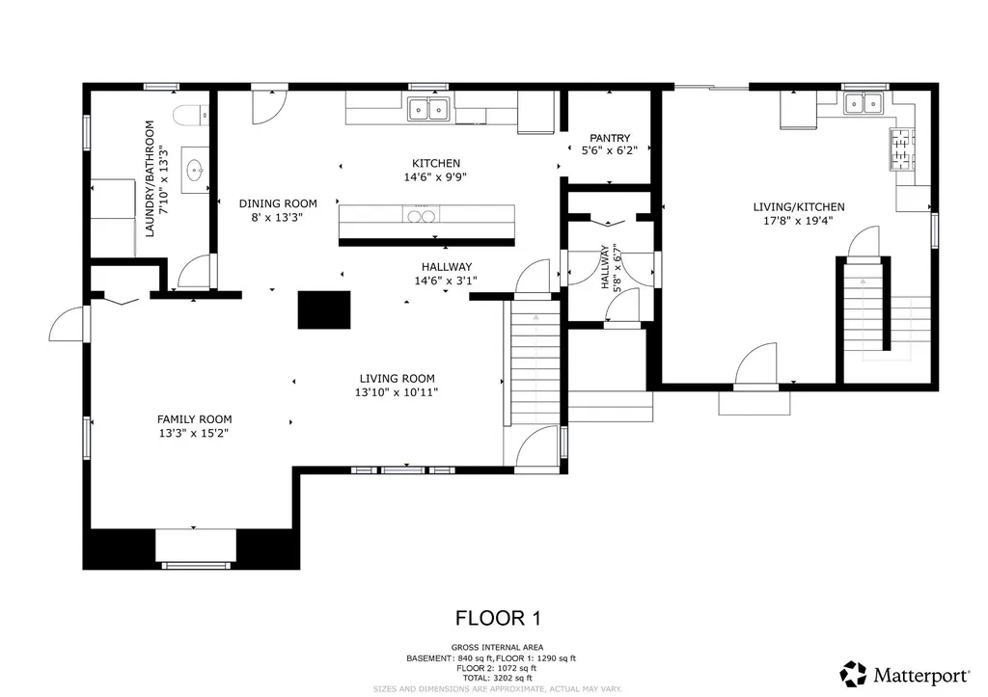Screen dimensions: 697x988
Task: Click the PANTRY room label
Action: [610, 138]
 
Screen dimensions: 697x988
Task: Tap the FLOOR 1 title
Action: [492, 617]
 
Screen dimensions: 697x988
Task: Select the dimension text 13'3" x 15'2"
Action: [195, 433]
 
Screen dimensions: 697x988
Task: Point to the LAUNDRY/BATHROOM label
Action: [150, 178]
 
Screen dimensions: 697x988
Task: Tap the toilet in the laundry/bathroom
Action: [187, 115]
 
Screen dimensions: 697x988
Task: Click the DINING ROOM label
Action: [278, 203]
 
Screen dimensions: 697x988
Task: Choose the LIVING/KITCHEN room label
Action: [799, 206]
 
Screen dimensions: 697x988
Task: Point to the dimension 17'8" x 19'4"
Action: [799, 220]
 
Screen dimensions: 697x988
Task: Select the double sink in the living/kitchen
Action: [864, 103]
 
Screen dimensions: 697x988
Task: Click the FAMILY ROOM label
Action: [195, 419]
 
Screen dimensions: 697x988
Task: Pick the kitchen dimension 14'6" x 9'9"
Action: [436, 177]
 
